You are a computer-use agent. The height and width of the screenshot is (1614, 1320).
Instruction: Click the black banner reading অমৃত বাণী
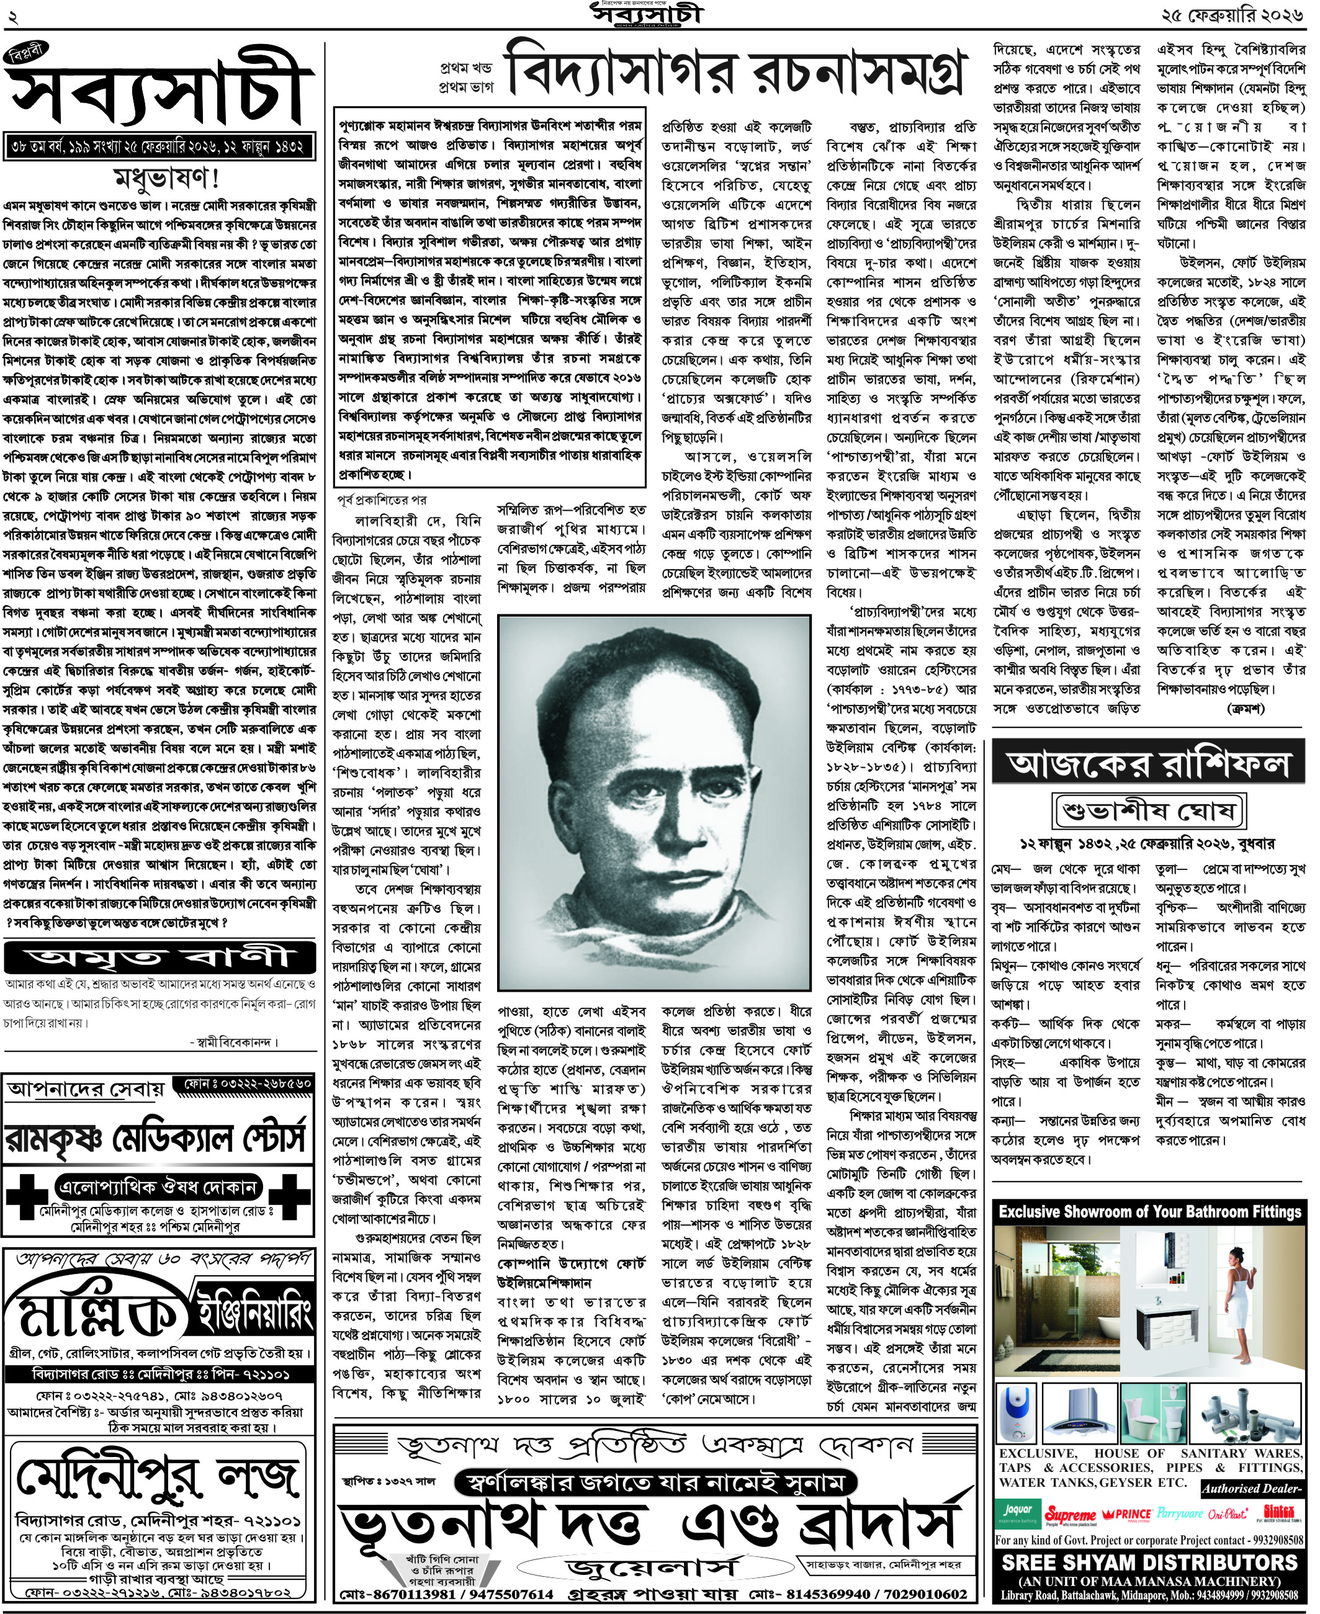click(159, 957)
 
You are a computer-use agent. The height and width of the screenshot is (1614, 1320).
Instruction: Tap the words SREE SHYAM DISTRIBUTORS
click(1149, 1563)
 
